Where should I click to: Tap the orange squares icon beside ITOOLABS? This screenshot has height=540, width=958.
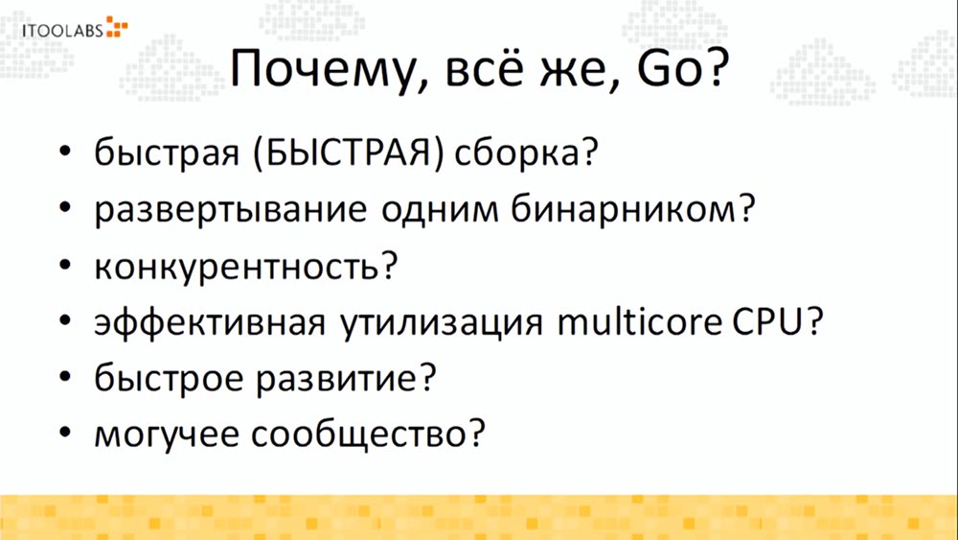116,26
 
